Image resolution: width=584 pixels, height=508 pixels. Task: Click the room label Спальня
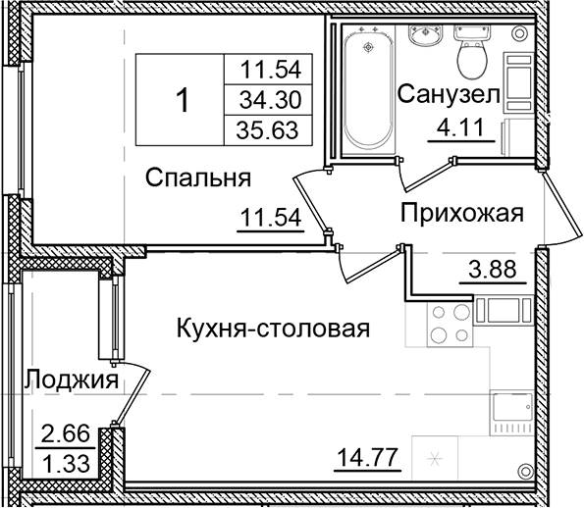tap(199, 178)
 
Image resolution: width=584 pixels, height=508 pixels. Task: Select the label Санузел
tap(449, 94)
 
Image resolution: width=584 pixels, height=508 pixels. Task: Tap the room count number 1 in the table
tap(182, 98)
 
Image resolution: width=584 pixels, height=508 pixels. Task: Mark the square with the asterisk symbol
tap(436, 457)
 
